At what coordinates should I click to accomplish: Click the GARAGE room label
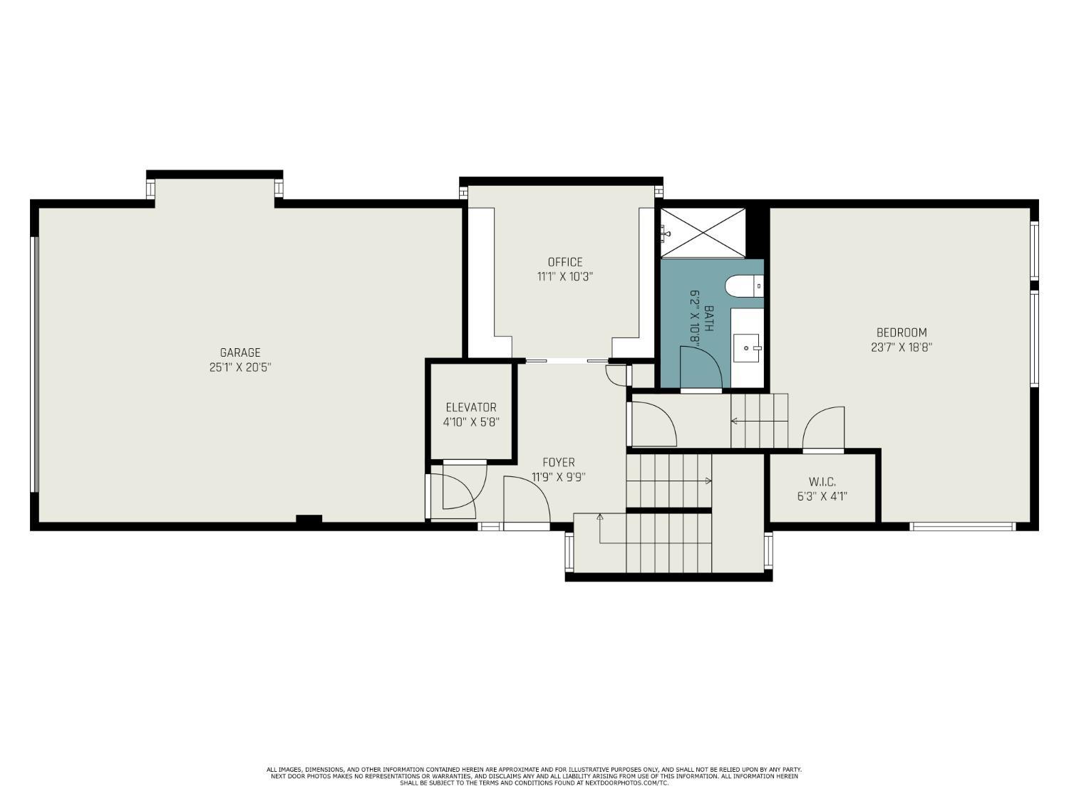[240, 352]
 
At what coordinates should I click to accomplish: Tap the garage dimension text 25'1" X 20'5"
[240, 367]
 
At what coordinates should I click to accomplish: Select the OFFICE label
[565, 262]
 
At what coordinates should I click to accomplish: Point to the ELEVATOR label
[471, 407]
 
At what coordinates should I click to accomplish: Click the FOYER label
[559, 462]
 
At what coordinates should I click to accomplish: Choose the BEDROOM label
[902, 333]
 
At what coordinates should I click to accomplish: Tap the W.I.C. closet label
[822, 482]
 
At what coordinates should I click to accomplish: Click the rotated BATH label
[708, 318]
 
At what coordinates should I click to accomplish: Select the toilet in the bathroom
[744, 286]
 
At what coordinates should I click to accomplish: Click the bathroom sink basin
[747, 347]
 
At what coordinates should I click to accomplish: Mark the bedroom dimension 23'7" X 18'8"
[902, 347]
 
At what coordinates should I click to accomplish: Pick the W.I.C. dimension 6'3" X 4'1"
[822, 496]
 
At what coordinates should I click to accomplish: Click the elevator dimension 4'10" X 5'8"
[471, 422]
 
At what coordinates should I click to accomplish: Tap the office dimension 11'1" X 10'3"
[565, 277]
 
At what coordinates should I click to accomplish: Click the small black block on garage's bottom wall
[309, 518]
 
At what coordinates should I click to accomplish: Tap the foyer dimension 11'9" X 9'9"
[559, 476]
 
